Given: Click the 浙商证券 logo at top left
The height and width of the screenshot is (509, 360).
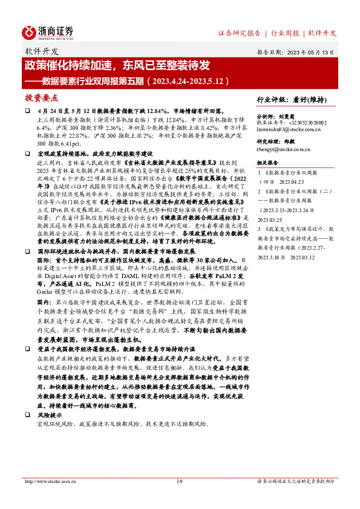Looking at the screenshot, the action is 48,31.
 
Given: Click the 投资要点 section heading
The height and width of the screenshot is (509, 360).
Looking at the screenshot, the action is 42,97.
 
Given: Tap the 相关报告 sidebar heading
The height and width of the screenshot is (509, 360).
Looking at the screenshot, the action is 266,163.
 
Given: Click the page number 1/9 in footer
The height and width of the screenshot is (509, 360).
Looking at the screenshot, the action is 179,481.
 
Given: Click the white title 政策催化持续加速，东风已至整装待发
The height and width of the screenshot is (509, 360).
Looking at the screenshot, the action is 117,65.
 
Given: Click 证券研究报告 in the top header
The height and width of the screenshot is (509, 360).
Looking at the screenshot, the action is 239,33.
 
